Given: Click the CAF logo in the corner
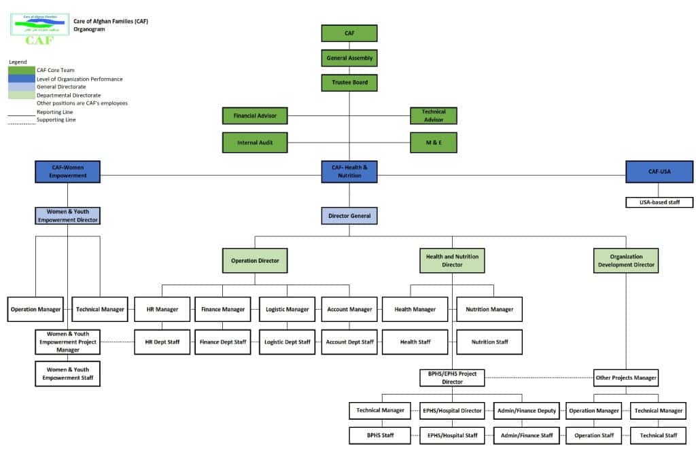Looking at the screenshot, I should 40,29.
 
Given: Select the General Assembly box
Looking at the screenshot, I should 349,58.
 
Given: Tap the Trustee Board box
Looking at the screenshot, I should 349,83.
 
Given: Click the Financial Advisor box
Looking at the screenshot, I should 255,116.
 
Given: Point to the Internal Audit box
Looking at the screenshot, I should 255,143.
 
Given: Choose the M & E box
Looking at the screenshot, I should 434,143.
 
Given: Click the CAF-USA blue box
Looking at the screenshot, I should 659,172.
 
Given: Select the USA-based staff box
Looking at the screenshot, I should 659,202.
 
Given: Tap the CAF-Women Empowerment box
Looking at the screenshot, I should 68,172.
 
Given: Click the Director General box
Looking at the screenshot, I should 349,216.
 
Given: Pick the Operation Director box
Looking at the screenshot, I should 255,260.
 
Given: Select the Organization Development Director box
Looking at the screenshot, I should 625,260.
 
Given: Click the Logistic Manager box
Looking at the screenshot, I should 287,309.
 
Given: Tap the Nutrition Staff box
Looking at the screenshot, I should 489,342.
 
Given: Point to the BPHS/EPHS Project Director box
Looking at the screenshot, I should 452,378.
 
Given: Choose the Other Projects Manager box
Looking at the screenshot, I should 625,378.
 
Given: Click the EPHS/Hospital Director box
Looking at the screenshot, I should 452,410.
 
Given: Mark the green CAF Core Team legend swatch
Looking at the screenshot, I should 22,70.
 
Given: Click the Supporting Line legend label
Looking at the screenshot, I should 56,120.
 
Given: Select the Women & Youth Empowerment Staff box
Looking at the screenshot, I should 68,374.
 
